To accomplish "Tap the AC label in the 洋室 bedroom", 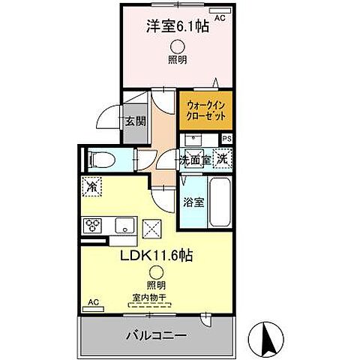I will coord(220,16).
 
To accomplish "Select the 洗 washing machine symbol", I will coord(221,158).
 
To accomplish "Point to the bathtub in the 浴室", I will coord(220,202).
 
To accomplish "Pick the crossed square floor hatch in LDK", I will coord(151,226).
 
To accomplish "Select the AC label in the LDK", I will coord(94,301).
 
